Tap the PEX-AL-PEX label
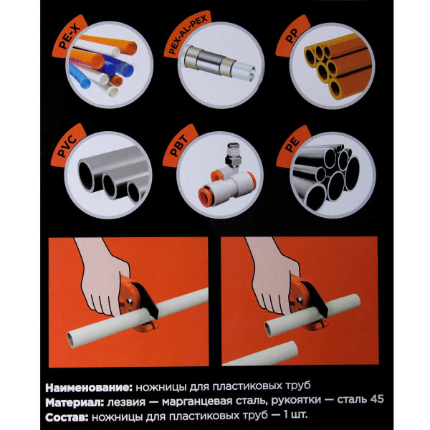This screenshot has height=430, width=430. click(187, 35)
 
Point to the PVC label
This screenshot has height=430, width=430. click(67, 146)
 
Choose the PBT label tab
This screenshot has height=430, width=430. click(178, 147)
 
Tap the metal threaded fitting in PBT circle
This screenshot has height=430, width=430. click(232, 156)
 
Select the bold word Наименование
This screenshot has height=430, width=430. click(89, 388)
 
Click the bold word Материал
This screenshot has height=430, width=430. click(75, 402)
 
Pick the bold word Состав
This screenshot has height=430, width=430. click(67, 417)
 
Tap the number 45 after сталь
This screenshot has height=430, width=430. click(376, 399)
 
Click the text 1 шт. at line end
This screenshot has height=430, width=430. click(295, 415)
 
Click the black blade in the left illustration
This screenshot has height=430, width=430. click(146, 300)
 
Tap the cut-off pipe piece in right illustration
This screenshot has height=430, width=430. click(261, 354)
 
